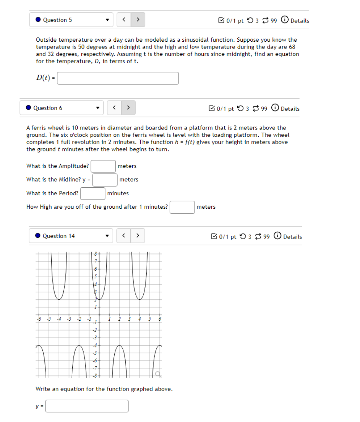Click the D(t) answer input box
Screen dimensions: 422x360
(x=118, y=78)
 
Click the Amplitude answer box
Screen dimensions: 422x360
(x=103, y=166)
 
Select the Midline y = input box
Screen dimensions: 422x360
(x=105, y=180)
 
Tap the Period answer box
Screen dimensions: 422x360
(x=92, y=193)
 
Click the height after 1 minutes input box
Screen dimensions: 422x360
(x=182, y=207)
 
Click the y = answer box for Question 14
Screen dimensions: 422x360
(x=87, y=406)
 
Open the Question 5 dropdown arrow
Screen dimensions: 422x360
(x=107, y=20)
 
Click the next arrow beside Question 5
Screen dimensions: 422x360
(x=138, y=19)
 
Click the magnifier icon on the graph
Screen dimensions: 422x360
(x=157, y=373)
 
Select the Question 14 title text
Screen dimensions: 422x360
(x=58, y=236)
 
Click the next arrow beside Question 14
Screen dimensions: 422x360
(x=138, y=236)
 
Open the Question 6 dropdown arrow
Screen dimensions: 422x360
(x=98, y=108)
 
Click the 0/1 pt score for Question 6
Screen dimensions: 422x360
(x=225, y=109)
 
